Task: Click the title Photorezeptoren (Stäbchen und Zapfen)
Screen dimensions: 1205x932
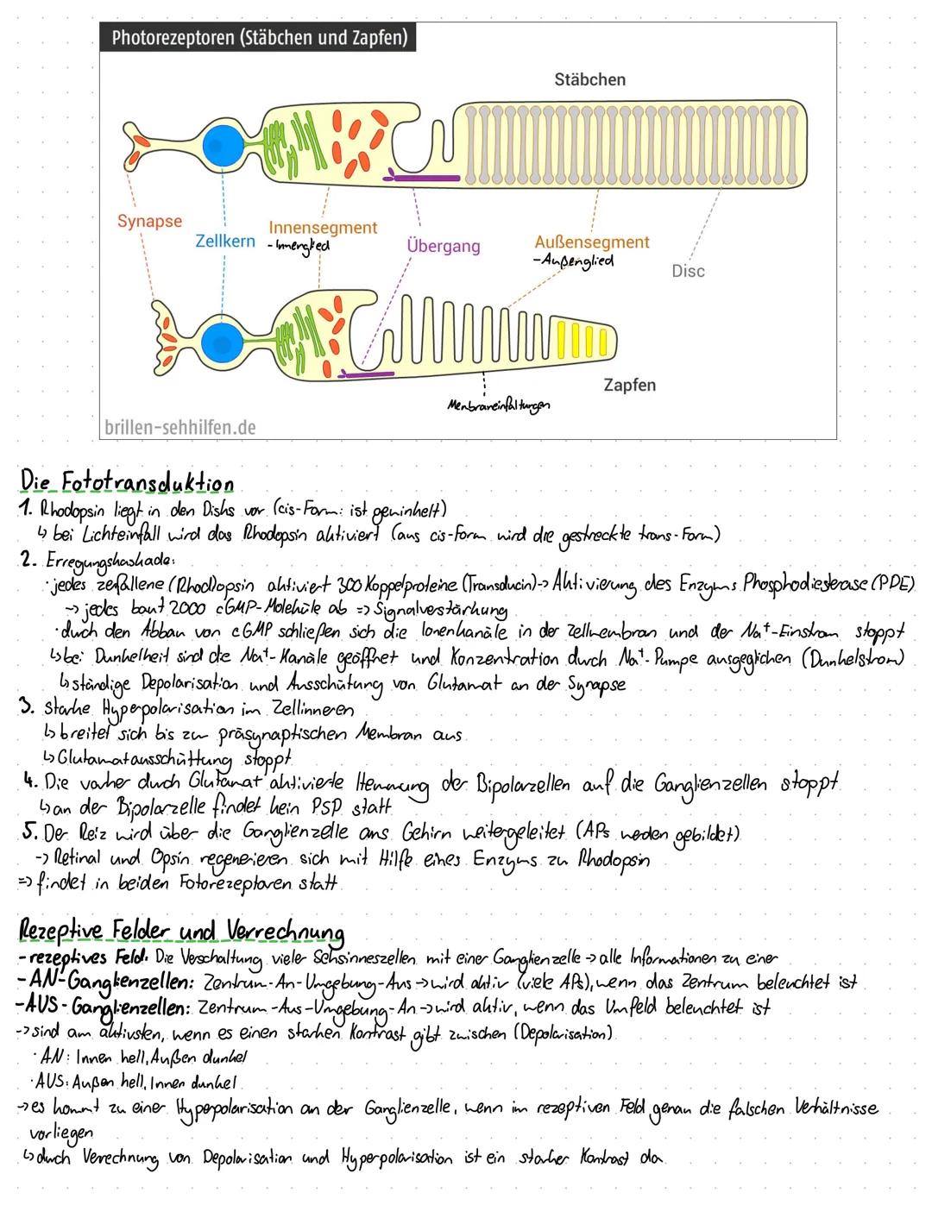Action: pos(259,37)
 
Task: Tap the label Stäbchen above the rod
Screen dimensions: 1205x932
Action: pos(589,79)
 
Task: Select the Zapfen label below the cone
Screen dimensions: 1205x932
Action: pos(629,385)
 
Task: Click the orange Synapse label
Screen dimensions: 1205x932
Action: pos(149,221)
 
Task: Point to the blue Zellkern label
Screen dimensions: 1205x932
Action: pos(225,241)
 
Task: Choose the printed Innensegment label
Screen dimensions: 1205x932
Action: pos(323,228)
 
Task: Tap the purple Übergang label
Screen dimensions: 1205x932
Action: pos(443,246)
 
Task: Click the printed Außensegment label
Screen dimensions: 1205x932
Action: pos(591,242)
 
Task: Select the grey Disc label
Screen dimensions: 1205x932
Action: pos(688,271)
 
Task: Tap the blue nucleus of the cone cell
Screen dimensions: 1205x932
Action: pos(223,342)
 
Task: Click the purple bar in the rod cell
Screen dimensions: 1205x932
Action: pos(423,176)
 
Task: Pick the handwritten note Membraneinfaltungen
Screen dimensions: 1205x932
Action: pos(498,404)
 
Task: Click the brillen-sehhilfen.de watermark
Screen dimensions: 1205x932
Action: pos(179,426)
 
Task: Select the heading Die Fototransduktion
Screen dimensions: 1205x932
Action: pos(126,483)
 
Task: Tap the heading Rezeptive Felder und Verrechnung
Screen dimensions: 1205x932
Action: pos(181,932)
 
